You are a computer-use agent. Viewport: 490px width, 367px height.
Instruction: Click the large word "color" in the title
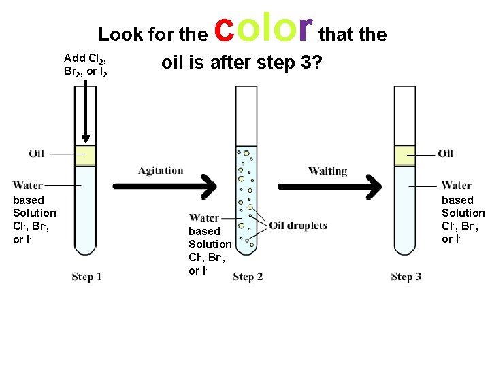263,29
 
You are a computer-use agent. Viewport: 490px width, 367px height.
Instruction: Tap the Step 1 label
86,277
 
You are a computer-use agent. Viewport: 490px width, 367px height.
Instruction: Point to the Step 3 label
406,277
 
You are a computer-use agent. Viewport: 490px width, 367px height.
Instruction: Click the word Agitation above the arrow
161,171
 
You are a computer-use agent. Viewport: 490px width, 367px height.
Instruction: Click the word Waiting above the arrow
327,171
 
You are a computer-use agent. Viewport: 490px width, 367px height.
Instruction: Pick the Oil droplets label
298,226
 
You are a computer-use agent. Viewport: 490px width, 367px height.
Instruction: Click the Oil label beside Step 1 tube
37,154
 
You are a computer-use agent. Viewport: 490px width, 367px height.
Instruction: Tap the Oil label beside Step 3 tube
446,154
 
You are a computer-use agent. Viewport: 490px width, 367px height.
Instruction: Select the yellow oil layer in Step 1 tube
85,156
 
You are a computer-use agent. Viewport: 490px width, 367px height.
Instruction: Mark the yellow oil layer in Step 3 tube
405,156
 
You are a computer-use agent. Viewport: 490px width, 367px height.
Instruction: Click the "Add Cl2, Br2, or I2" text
85,65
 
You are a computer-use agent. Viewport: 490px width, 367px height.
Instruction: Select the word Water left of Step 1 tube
28,185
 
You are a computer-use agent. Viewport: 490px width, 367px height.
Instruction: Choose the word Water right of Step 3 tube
456,185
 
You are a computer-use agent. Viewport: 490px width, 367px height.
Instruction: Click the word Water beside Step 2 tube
204,218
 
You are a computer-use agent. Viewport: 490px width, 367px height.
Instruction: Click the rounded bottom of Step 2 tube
246,249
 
